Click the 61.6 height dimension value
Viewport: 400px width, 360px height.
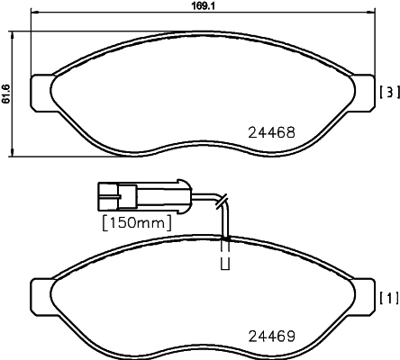(x=6, y=94)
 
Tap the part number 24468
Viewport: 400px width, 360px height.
(x=271, y=132)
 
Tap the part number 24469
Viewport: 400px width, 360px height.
(x=271, y=337)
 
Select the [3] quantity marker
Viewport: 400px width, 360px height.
(x=389, y=93)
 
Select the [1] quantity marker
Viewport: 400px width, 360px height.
(x=389, y=298)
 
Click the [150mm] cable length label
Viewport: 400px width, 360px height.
(x=137, y=223)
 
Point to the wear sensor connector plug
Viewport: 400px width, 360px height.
(x=144, y=196)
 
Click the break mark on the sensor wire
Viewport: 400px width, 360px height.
(x=222, y=202)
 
